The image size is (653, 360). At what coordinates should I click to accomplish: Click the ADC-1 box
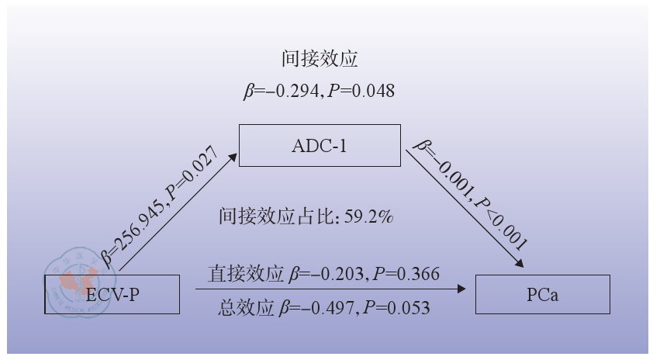320,145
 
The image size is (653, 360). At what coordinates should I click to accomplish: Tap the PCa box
543,294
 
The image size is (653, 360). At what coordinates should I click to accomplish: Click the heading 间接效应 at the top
320,59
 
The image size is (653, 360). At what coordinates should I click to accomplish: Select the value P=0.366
406,274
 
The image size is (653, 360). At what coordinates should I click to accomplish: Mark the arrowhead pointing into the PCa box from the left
462,289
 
